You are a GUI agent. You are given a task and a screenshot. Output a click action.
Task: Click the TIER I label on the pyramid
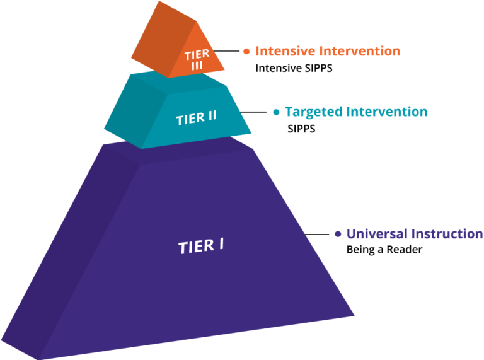click(201, 245)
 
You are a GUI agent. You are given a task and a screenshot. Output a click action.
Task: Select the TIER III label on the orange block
click(197, 59)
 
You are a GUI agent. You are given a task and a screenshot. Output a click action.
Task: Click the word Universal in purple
click(376, 234)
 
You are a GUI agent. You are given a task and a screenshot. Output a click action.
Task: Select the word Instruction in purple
click(447, 234)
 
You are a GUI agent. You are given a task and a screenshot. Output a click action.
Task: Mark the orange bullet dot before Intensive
click(246, 51)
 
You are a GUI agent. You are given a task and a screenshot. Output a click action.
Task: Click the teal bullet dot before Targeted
click(275, 112)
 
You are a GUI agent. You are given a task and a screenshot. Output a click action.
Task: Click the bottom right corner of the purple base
click(355, 315)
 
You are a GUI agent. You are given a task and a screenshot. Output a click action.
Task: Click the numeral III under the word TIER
click(197, 64)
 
